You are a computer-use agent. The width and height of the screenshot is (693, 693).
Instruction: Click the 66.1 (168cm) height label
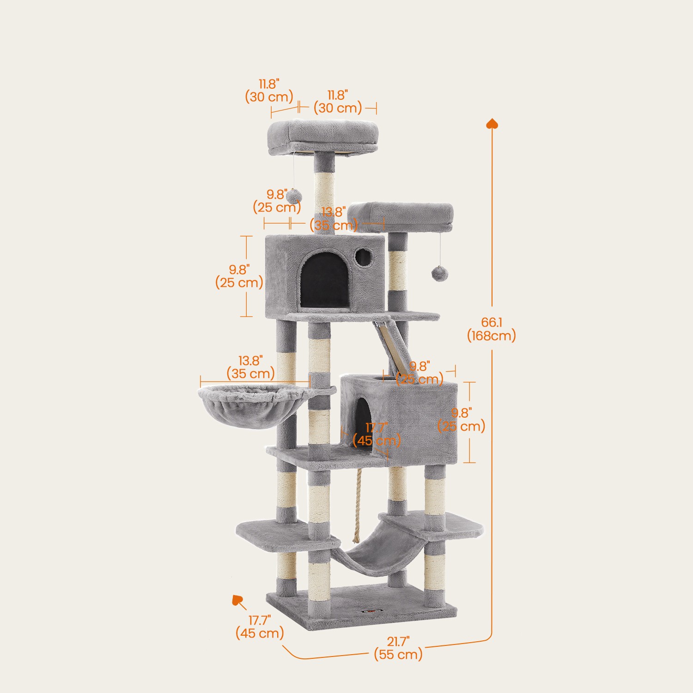click(491, 329)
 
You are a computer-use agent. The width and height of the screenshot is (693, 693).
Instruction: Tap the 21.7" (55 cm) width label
click(398, 648)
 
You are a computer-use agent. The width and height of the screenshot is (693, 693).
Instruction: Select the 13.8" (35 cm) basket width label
click(250, 367)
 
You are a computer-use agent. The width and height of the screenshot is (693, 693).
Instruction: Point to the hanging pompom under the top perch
click(294, 196)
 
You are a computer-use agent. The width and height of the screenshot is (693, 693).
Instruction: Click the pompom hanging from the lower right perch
click(439, 273)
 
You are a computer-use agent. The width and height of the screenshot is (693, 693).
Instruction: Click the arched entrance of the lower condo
click(364, 422)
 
